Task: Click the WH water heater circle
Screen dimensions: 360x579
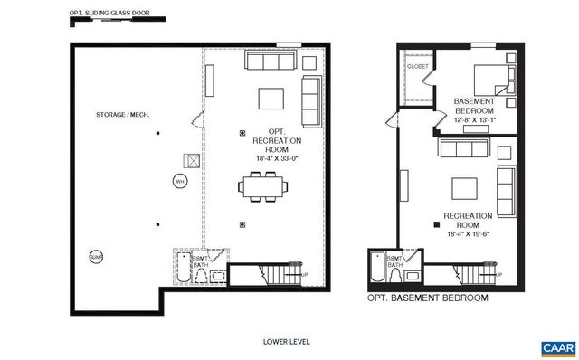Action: point(179,181)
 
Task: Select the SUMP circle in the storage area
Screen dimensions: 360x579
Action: point(95,257)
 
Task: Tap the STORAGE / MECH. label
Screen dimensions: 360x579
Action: point(123,115)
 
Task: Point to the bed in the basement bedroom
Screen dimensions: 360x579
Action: point(491,81)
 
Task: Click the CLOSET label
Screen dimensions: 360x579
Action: point(418,66)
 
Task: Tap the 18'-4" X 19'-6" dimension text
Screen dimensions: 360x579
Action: point(470,233)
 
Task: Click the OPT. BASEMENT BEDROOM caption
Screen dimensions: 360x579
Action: point(427,298)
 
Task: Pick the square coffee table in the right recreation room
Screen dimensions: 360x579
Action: point(465,188)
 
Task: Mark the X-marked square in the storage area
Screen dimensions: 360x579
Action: point(192,159)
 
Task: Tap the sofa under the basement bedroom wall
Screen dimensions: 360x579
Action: point(463,147)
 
